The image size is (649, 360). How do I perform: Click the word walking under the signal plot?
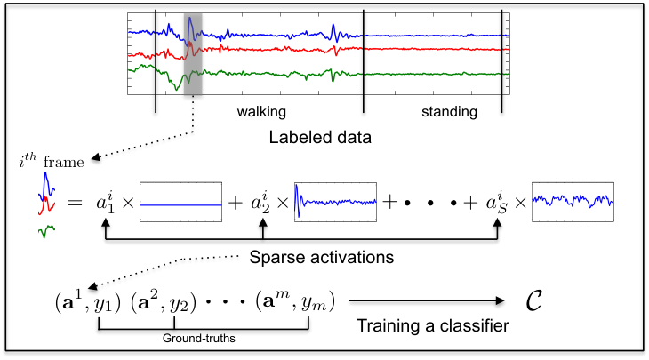click(x=261, y=112)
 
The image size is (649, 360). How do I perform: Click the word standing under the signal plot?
click(x=449, y=112)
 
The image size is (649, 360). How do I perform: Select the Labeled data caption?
click(x=320, y=138)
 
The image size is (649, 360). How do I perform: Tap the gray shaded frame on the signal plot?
click(x=193, y=54)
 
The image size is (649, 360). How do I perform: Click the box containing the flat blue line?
click(x=180, y=202)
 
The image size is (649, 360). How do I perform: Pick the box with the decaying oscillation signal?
click(x=335, y=202)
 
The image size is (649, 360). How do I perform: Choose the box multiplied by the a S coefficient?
click(x=573, y=202)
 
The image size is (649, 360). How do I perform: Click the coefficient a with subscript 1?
click(x=105, y=202)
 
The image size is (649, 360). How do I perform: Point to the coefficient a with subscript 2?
click(x=260, y=202)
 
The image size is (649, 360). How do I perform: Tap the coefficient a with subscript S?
click(x=497, y=202)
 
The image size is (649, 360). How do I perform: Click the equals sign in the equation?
click(x=75, y=203)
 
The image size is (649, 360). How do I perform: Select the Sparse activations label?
click(x=322, y=258)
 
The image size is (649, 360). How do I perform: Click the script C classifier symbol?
click(x=534, y=300)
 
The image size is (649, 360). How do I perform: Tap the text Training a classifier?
click(x=433, y=325)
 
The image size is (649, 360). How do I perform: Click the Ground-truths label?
click(x=198, y=339)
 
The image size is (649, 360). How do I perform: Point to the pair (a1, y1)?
click(x=88, y=302)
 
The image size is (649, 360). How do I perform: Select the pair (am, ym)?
click(x=295, y=302)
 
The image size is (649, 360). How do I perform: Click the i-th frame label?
click(x=52, y=161)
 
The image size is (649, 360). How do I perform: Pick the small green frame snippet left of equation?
click(x=46, y=231)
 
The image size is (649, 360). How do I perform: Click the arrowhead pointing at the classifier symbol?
click(x=501, y=300)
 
